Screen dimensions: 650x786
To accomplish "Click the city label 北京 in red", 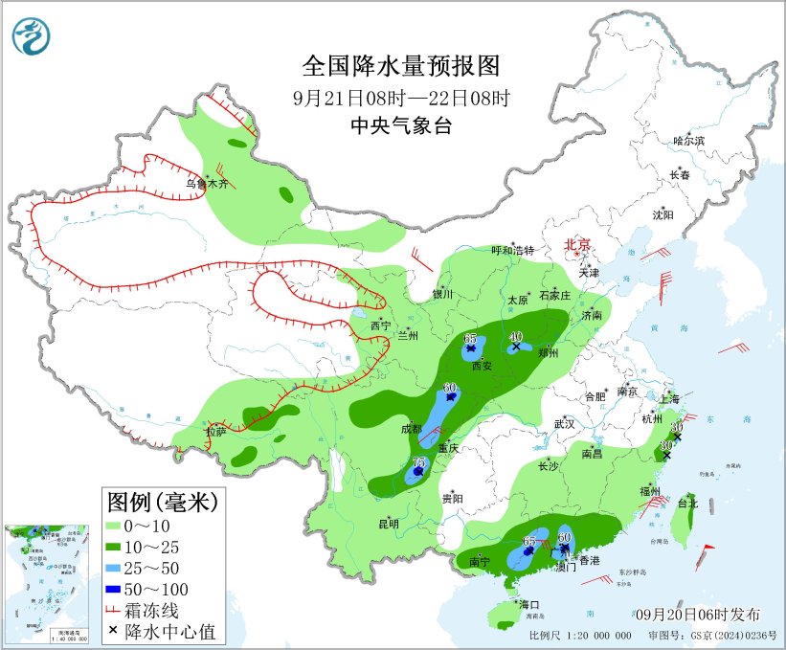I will [x=579, y=244].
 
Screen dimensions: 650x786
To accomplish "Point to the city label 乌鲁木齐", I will [x=207, y=183].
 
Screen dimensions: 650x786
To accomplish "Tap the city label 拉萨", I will [x=215, y=432].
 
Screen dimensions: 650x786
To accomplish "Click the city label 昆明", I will [x=389, y=523].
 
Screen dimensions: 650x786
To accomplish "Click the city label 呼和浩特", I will [x=512, y=250].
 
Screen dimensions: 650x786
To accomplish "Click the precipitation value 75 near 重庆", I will [x=418, y=462].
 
